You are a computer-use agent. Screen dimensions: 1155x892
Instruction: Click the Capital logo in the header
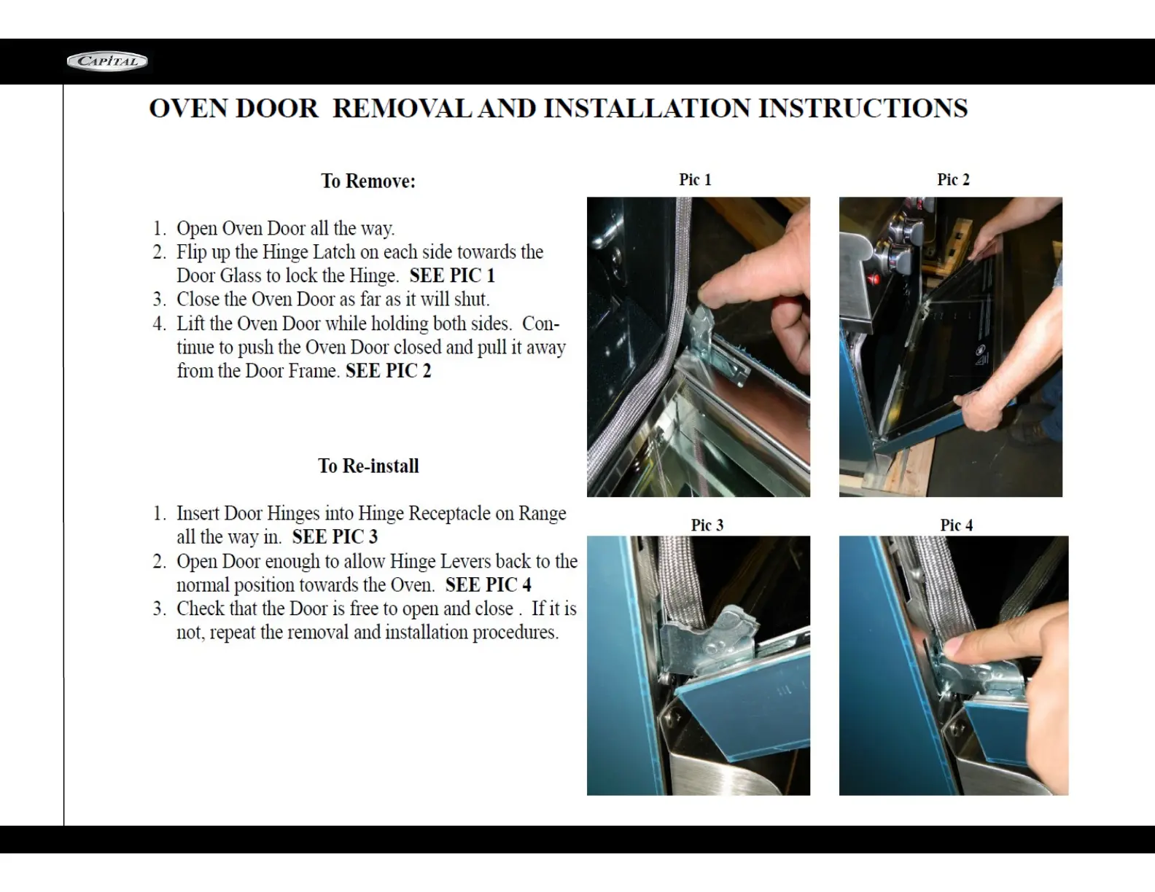click(x=107, y=61)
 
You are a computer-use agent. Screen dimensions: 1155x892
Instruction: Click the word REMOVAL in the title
click(x=402, y=109)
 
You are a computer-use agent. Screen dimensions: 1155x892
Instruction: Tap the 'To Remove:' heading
click(x=367, y=181)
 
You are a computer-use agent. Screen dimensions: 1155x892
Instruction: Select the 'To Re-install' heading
click(x=368, y=466)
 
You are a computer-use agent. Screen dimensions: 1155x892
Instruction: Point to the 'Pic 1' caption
click(x=695, y=179)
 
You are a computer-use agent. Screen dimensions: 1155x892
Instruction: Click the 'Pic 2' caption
click(x=953, y=179)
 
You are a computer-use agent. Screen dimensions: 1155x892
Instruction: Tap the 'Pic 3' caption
click(x=707, y=525)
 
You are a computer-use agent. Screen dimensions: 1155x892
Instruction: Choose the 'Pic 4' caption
click(x=956, y=525)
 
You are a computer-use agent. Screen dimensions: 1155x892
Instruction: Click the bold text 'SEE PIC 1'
click(x=452, y=275)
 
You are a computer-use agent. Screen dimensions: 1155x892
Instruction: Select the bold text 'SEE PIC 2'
click(x=388, y=371)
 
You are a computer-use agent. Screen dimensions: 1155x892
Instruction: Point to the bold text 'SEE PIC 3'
click(x=335, y=536)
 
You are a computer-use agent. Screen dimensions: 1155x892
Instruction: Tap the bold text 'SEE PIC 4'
click(x=488, y=584)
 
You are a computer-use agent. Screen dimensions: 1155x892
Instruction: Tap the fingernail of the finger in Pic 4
click(x=953, y=646)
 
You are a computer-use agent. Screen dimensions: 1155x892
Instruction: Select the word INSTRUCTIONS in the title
click(x=863, y=109)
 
